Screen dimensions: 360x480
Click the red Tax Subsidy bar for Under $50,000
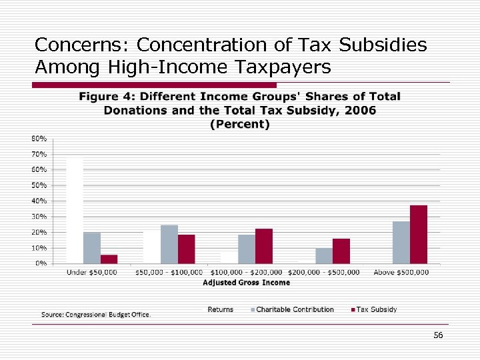(109, 259)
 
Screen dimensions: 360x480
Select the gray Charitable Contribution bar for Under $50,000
(92, 247)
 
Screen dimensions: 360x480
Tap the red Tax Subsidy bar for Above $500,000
(418, 234)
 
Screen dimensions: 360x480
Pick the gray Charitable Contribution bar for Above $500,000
(401, 242)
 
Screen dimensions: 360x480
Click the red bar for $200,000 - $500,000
(341, 251)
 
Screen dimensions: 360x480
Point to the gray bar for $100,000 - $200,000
(247, 249)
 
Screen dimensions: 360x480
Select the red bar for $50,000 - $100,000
(187, 249)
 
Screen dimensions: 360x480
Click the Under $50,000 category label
(91, 272)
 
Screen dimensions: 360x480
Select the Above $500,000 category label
(401, 272)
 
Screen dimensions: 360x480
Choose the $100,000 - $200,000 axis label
(247, 272)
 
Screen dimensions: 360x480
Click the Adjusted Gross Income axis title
(246, 283)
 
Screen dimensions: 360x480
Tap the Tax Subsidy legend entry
(377, 309)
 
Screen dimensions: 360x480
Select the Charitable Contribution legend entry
(295, 309)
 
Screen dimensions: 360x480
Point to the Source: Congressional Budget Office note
(96, 314)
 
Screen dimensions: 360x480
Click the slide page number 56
(438, 335)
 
